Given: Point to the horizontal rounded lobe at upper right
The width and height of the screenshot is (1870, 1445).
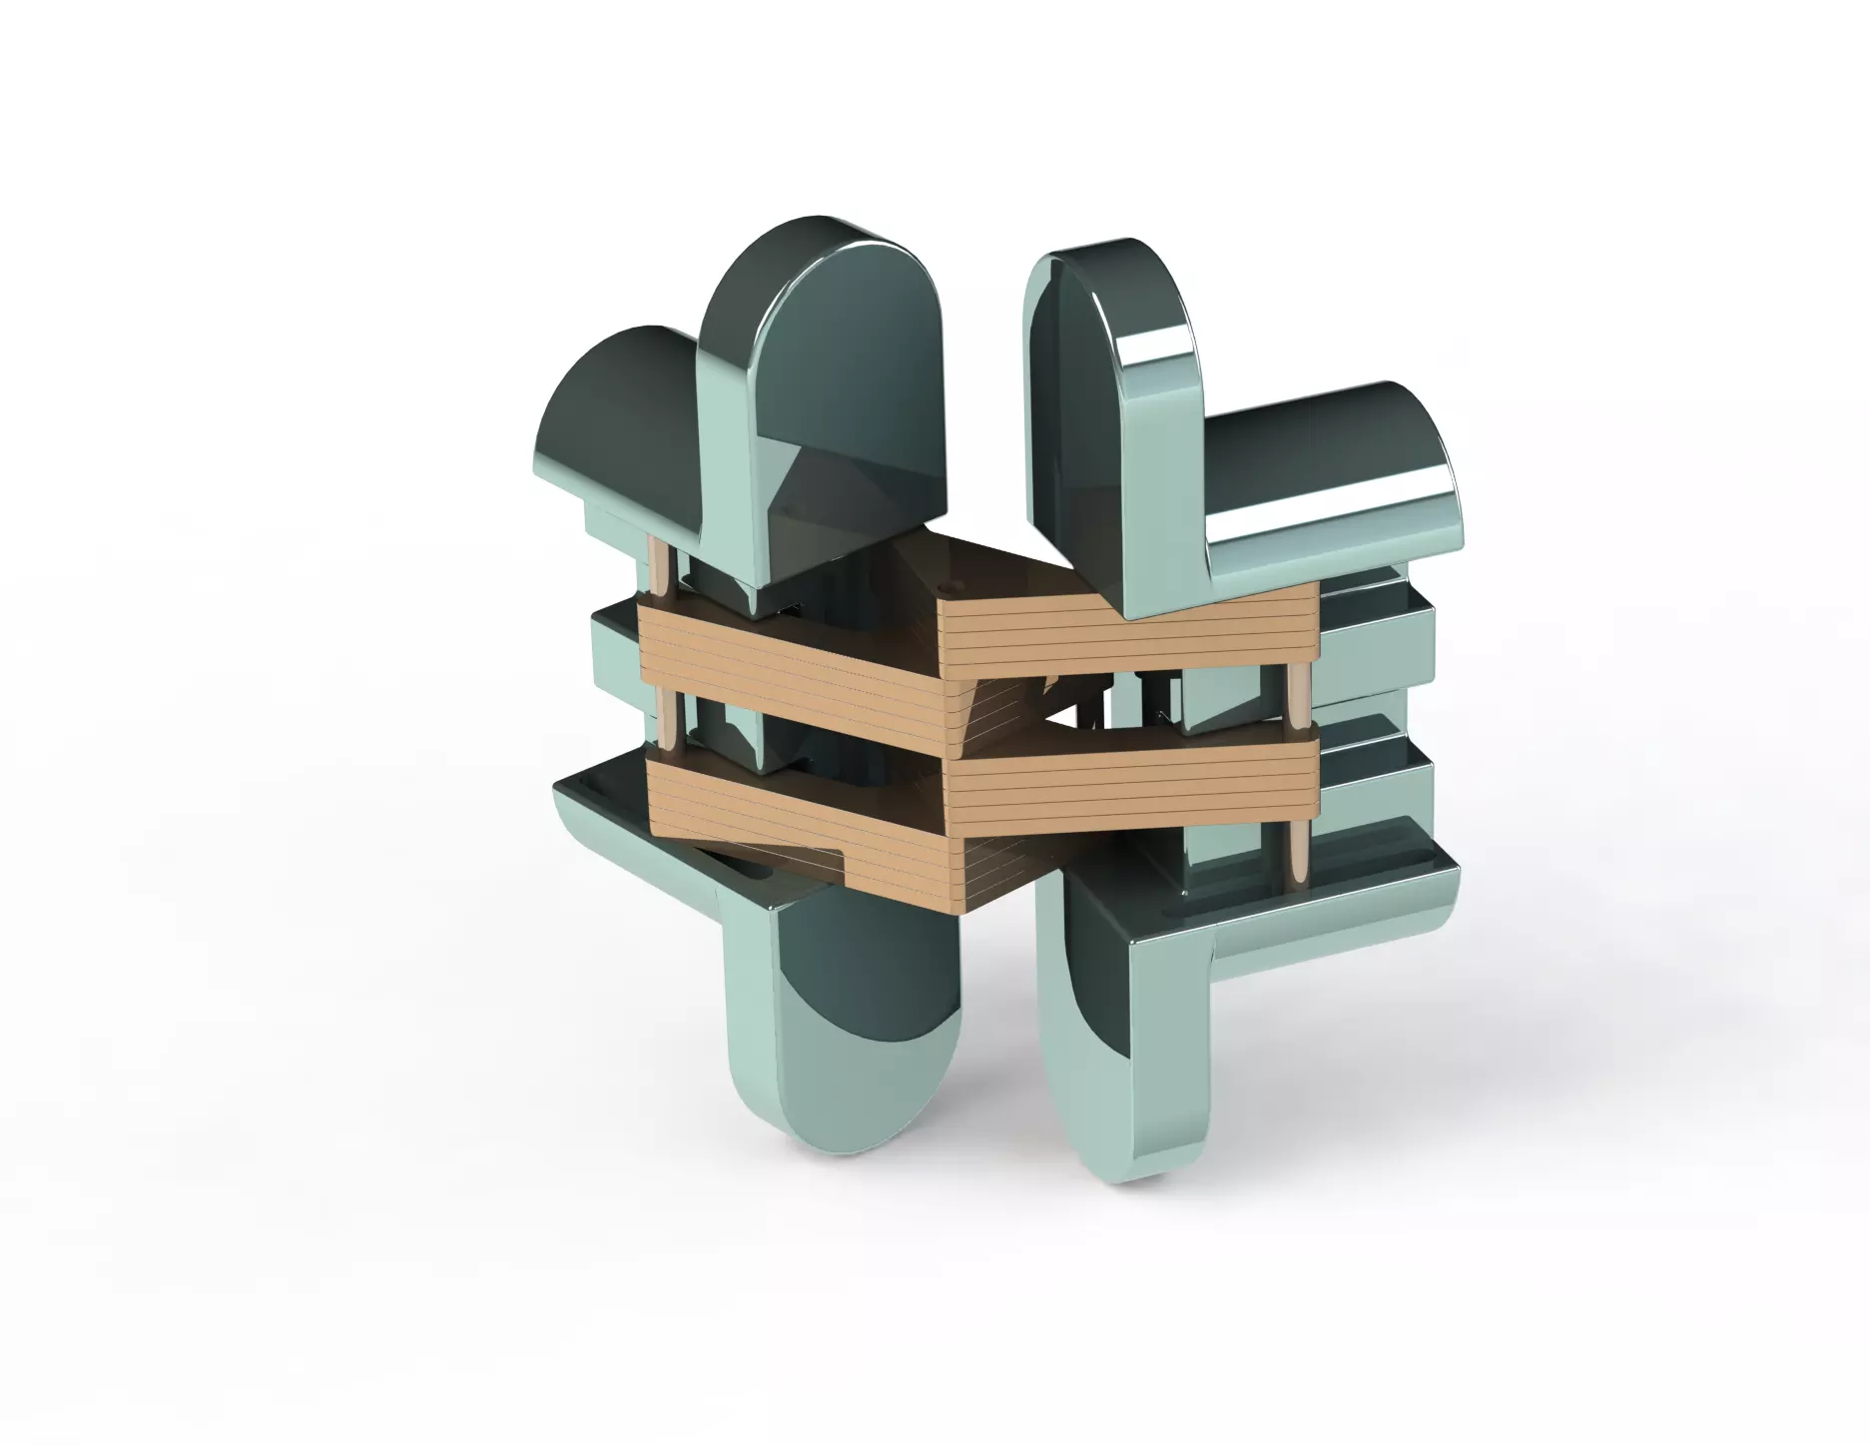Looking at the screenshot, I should [1328, 479].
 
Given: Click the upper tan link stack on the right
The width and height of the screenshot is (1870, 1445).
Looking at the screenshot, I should [1128, 629].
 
